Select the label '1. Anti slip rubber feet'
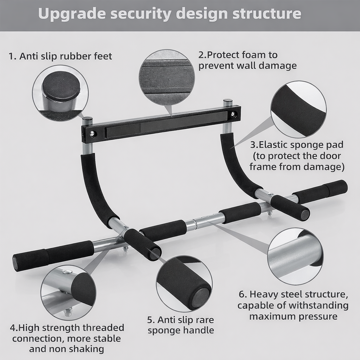(x=60, y=56)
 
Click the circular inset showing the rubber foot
(x=60, y=93)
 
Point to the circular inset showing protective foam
(x=167, y=77)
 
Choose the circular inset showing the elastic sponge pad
(x=298, y=109)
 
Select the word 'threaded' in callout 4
(x=103, y=328)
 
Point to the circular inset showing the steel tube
(x=295, y=256)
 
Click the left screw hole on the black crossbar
(x=92, y=134)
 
